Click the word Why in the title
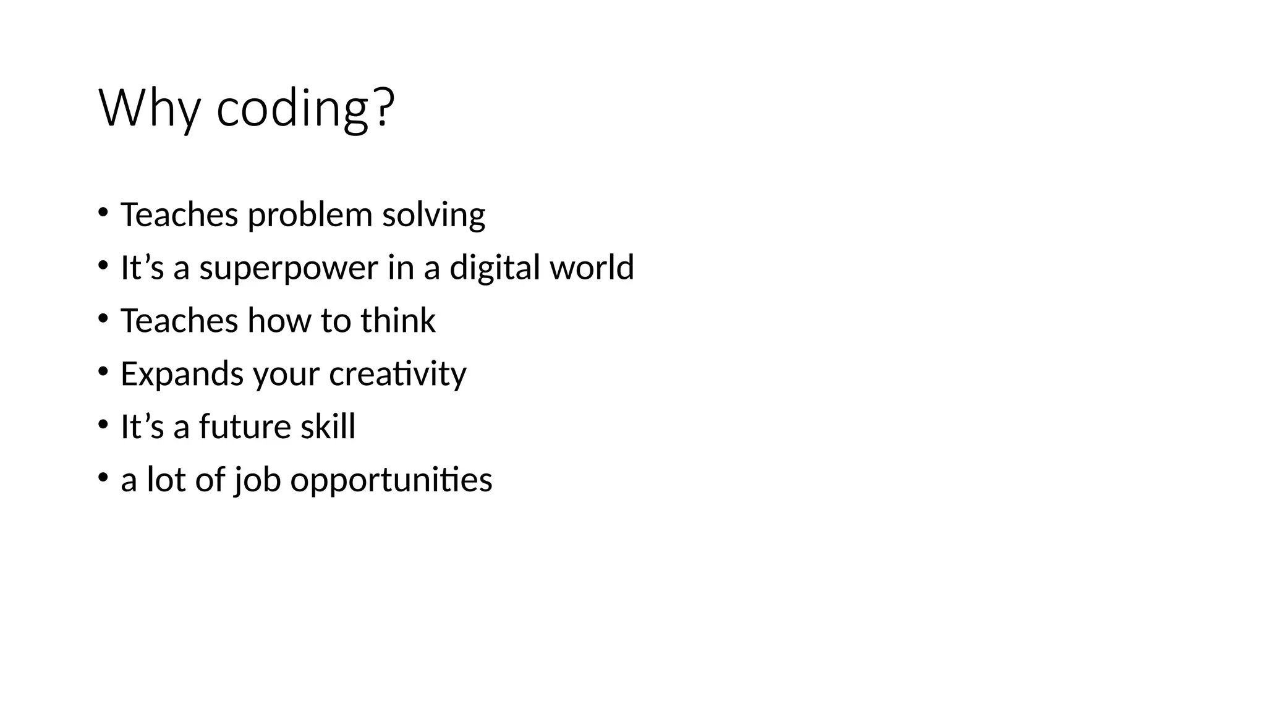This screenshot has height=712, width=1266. tap(149, 109)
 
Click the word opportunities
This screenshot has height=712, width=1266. tap(391, 480)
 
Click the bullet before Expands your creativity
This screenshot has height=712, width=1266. tap(103, 372)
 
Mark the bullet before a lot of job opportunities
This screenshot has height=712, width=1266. tap(103, 478)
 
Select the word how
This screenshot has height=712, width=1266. tap(279, 321)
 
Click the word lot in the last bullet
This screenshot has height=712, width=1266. tap(166, 480)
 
